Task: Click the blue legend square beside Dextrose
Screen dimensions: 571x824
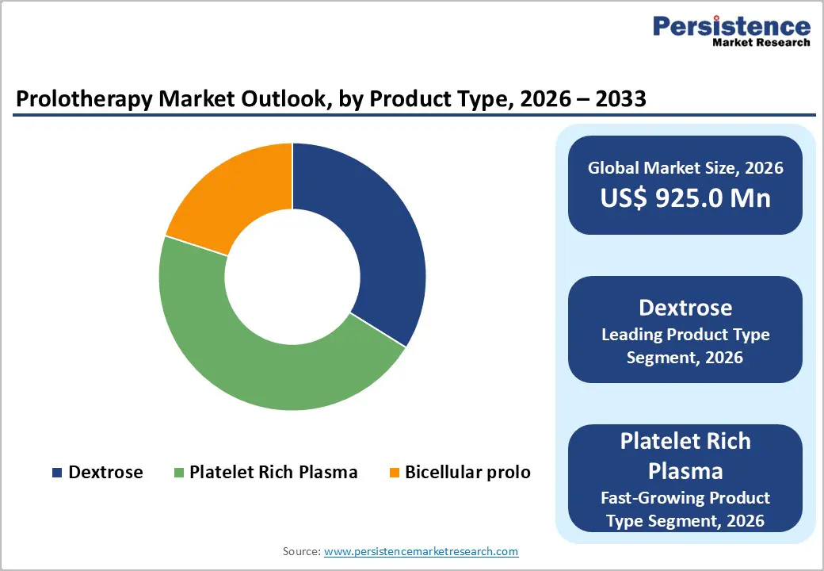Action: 57,473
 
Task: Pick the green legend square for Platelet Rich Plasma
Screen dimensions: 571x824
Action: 178,473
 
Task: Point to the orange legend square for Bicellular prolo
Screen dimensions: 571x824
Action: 394,473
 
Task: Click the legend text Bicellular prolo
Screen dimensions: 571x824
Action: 467,473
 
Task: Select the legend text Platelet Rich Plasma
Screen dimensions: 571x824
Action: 273,473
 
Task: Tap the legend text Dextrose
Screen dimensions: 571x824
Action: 105,473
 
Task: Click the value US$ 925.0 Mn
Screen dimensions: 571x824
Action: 685,197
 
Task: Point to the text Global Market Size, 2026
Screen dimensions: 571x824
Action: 685,167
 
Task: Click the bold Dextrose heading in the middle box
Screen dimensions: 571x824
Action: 685,307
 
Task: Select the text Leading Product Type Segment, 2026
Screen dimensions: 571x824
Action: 685,346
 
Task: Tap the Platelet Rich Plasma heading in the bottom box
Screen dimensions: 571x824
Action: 685,455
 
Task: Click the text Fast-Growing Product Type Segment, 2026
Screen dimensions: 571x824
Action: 685,509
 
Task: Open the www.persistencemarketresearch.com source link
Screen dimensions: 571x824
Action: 421,550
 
